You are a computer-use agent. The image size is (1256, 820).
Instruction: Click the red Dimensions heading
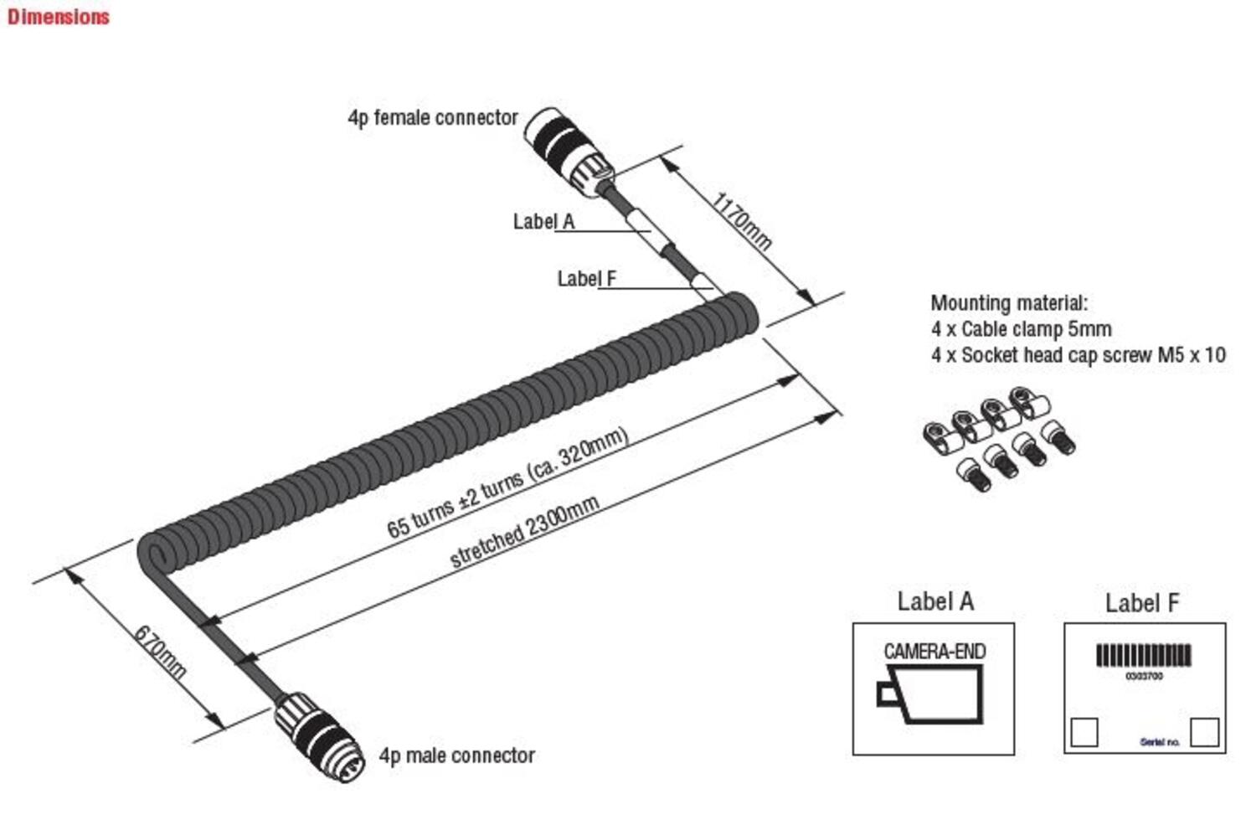(x=58, y=17)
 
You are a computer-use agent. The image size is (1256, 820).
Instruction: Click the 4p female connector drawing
(x=569, y=151)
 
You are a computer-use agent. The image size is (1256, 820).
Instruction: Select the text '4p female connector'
(x=433, y=118)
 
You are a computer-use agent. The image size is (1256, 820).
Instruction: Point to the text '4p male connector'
(x=457, y=756)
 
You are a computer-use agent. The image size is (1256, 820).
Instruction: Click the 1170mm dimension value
(x=741, y=221)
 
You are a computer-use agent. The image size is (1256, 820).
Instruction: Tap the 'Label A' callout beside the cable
(x=543, y=222)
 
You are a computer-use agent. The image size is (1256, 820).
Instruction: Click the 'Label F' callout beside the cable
(x=587, y=279)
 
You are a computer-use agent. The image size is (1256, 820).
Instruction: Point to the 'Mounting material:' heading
(x=1009, y=303)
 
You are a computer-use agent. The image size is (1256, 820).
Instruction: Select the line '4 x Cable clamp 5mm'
(x=1021, y=329)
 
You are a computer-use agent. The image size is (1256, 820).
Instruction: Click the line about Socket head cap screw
(x=1078, y=355)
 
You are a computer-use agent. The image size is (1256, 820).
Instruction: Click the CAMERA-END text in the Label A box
(x=934, y=651)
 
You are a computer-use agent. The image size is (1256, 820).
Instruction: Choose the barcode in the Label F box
(x=1144, y=655)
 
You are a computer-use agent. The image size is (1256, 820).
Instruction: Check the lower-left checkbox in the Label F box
(x=1084, y=732)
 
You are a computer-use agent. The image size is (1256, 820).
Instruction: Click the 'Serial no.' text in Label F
(x=1160, y=742)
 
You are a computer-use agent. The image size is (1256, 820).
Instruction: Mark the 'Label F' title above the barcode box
(x=1141, y=603)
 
